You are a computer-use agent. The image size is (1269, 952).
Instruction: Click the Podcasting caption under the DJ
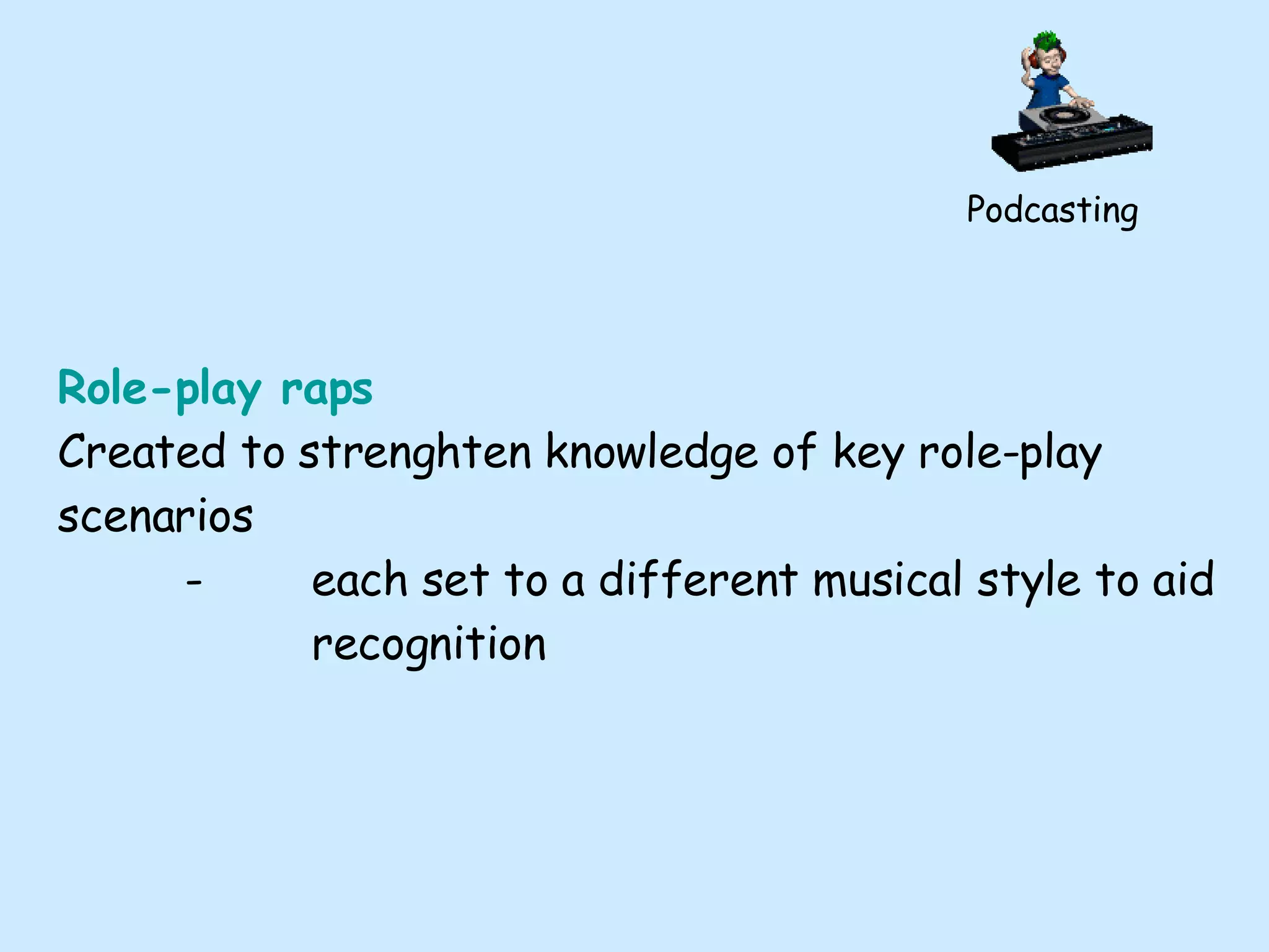tap(1052, 210)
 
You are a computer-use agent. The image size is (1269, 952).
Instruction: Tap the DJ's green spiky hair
tap(1048, 42)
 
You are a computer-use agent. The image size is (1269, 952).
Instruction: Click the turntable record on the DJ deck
tap(1063, 115)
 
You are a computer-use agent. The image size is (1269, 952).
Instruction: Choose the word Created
tap(141, 452)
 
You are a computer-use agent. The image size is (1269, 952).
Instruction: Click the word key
tap(868, 454)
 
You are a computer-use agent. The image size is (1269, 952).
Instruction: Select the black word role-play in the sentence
tap(1010, 454)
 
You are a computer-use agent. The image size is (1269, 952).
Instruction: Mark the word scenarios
tap(156, 516)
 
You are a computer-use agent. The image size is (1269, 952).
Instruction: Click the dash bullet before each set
tap(194, 583)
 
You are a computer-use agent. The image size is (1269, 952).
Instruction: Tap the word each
tap(359, 580)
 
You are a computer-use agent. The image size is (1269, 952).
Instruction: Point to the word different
tap(698, 580)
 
